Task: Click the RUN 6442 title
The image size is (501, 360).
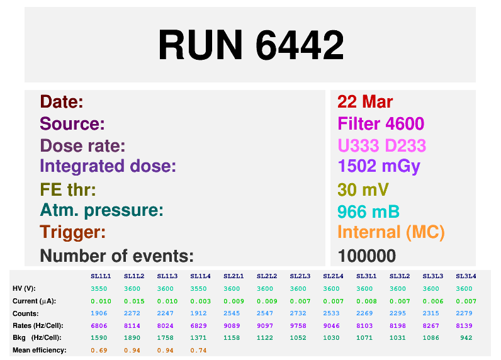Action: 251,45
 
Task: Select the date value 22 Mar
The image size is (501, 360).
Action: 365,102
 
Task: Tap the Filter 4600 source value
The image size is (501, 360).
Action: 381,123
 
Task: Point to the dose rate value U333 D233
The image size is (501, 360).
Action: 382,145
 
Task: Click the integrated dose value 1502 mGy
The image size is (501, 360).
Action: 379,167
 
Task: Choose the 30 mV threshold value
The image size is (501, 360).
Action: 363,189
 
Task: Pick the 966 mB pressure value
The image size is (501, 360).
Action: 368,211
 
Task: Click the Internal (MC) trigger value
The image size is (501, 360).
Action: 391,232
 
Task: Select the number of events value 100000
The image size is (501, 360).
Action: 367,256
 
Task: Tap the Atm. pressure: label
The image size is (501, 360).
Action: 101,210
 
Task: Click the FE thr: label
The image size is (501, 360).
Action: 68,189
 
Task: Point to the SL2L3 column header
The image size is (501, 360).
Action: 300,276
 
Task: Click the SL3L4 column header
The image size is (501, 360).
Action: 466,276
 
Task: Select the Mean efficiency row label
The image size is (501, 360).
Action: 40,350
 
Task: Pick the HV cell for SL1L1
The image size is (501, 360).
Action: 99,289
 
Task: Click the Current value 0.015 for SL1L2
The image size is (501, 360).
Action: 134,301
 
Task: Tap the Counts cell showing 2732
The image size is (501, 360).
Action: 298,313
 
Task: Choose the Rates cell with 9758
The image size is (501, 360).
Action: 298,326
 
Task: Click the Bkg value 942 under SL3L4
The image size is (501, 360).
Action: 466,338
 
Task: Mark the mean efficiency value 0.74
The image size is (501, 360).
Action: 198,351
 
